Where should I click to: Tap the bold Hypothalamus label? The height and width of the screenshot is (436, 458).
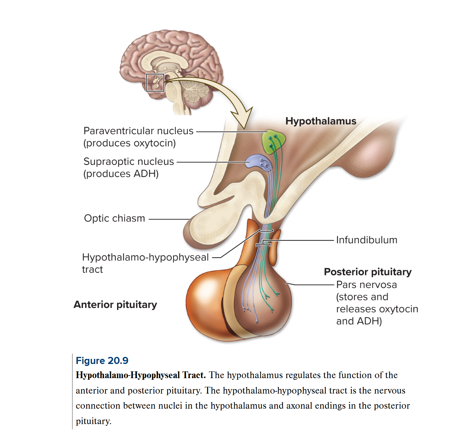pos(321,121)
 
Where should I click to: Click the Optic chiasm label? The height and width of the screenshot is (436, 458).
pos(114,218)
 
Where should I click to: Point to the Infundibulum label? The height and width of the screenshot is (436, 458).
pos(367,240)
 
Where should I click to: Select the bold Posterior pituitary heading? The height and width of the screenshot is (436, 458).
pos(368,272)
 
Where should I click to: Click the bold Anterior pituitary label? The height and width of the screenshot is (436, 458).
pos(115,304)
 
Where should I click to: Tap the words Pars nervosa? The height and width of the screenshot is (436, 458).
pos(366,285)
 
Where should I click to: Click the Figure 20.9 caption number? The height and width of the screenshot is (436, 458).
pos(102,360)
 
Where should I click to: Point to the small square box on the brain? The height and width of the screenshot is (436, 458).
pos(155,83)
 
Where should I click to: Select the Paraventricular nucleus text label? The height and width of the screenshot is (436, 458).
pos(138,131)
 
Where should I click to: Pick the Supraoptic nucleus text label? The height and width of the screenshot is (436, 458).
pos(129,161)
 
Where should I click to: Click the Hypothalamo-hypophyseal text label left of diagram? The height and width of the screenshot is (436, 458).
pos(145,257)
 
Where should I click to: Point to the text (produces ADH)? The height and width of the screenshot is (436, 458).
pos(121,174)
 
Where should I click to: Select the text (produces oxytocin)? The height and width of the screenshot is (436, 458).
pos(130,143)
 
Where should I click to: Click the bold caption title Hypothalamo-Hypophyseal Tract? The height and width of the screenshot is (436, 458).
pos(141,375)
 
